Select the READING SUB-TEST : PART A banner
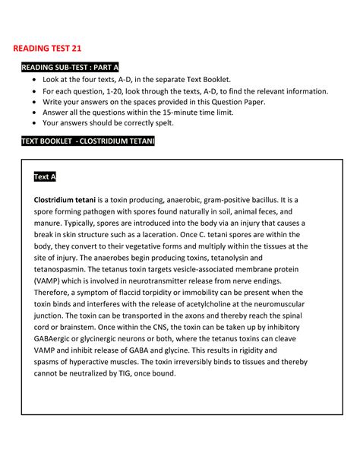(70, 68)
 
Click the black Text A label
(45, 177)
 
